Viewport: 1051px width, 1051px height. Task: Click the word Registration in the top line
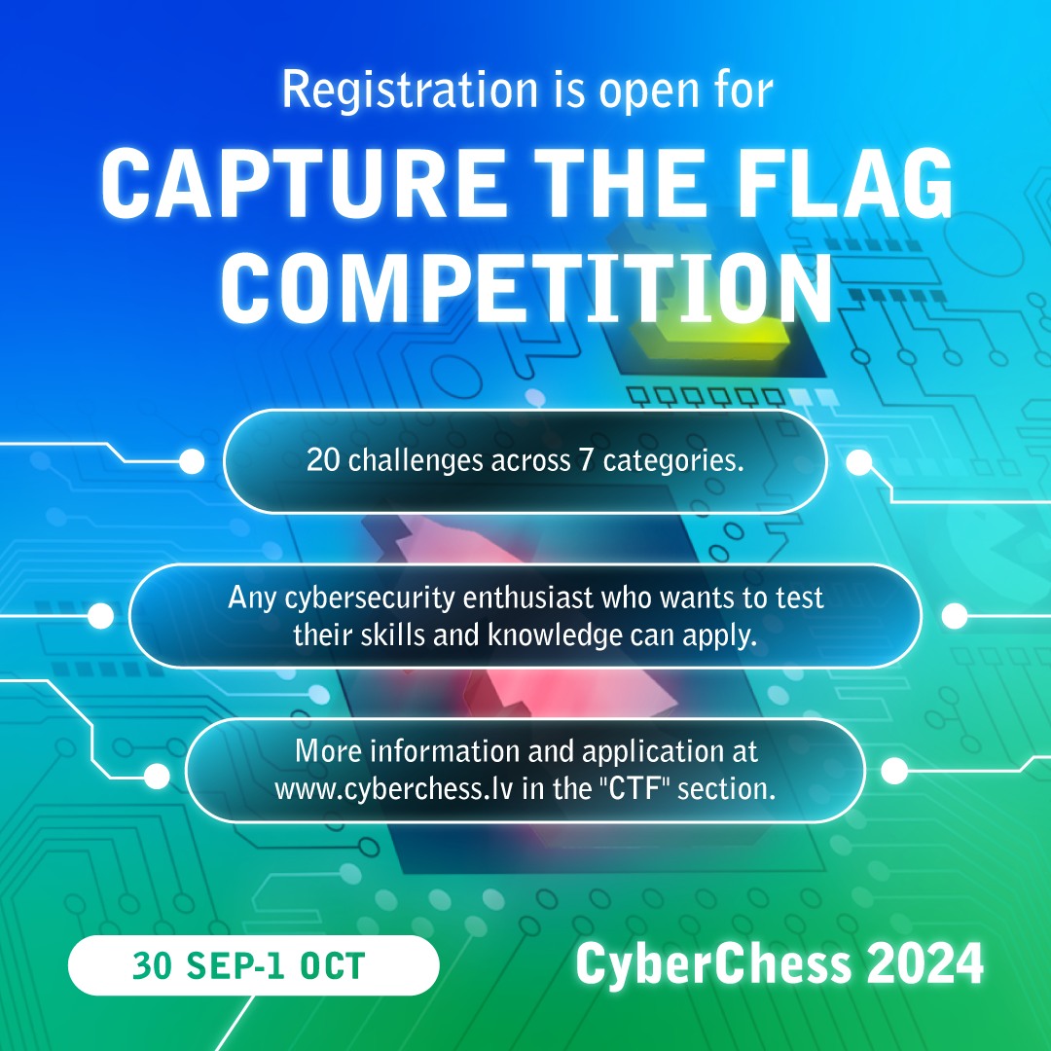[x=409, y=90]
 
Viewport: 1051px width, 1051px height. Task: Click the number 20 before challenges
[x=324, y=460]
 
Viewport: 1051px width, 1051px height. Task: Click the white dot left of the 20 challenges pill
[x=192, y=461]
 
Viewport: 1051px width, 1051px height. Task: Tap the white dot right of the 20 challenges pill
[x=858, y=463]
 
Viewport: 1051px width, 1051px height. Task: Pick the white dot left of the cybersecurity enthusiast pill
[x=100, y=615]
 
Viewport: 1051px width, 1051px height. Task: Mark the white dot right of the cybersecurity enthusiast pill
[x=955, y=615]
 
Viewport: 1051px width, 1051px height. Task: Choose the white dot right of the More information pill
[x=893, y=771]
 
